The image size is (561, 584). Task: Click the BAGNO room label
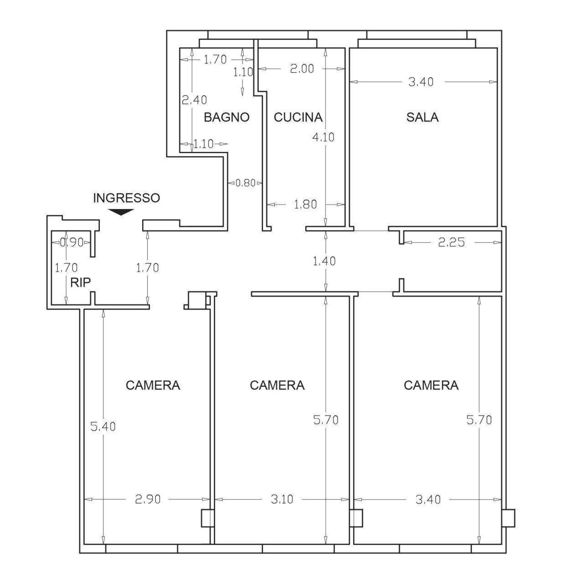[x=226, y=117]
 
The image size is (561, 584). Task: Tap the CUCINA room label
[x=298, y=117]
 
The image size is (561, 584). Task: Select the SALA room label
[x=422, y=117]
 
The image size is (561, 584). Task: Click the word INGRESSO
[x=126, y=198]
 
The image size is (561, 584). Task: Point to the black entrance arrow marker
[x=121, y=212]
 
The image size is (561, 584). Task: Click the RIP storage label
[x=81, y=282]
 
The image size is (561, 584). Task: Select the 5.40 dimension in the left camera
[x=103, y=427]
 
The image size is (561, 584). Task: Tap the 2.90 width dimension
[x=148, y=499]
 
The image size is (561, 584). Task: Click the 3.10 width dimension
[x=282, y=499]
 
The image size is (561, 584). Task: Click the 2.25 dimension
[x=451, y=242]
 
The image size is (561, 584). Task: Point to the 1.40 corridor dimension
[x=325, y=261]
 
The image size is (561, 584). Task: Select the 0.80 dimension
[x=245, y=183]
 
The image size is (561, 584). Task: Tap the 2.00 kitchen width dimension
[x=302, y=68]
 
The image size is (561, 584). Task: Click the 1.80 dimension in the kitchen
[x=304, y=204]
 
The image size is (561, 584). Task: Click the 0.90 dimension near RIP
[x=72, y=242]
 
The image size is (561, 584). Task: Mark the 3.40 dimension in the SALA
[x=421, y=82]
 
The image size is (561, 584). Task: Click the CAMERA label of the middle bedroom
[x=277, y=385]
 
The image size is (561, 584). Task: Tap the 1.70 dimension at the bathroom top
[x=215, y=59]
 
